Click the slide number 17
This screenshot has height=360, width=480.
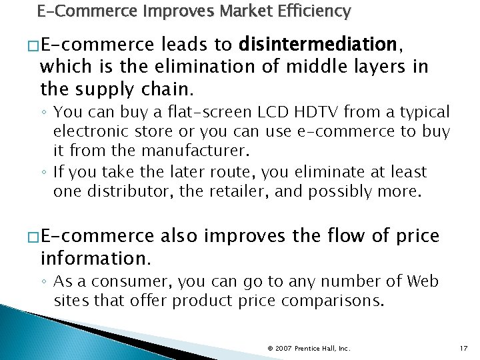(465, 348)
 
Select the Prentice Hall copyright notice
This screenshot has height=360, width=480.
(308, 348)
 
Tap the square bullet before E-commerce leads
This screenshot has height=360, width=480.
(33, 46)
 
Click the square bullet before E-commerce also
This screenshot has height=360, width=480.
(33, 237)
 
